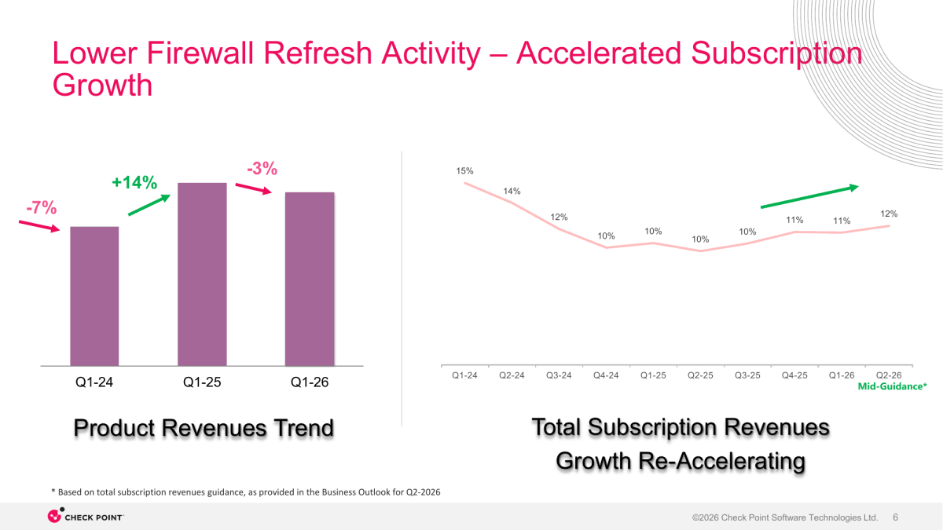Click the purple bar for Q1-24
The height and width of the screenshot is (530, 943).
click(x=94, y=296)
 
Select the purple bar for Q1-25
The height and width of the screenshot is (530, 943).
click(x=202, y=274)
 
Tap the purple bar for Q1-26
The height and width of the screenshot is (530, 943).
click(x=310, y=279)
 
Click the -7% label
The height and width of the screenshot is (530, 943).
click(x=41, y=207)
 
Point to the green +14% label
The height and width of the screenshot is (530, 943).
click(x=134, y=182)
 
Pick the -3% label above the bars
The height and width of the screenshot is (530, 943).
click(x=262, y=169)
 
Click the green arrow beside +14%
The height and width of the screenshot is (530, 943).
click(x=149, y=205)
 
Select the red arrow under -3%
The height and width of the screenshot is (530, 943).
click(x=253, y=189)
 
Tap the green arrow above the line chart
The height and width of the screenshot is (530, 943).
click(x=809, y=196)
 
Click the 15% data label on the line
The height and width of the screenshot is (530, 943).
click(x=464, y=171)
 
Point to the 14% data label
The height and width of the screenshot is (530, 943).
click(x=512, y=191)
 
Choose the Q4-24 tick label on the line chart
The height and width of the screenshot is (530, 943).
click(x=606, y=375)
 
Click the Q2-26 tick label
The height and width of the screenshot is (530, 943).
click(x=889, y=375)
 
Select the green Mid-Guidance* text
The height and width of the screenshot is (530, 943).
click(x=893, y=386)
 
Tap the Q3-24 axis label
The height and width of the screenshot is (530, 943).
click(x=559, y=375)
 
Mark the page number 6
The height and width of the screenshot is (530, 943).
click(x=895, y=517)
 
